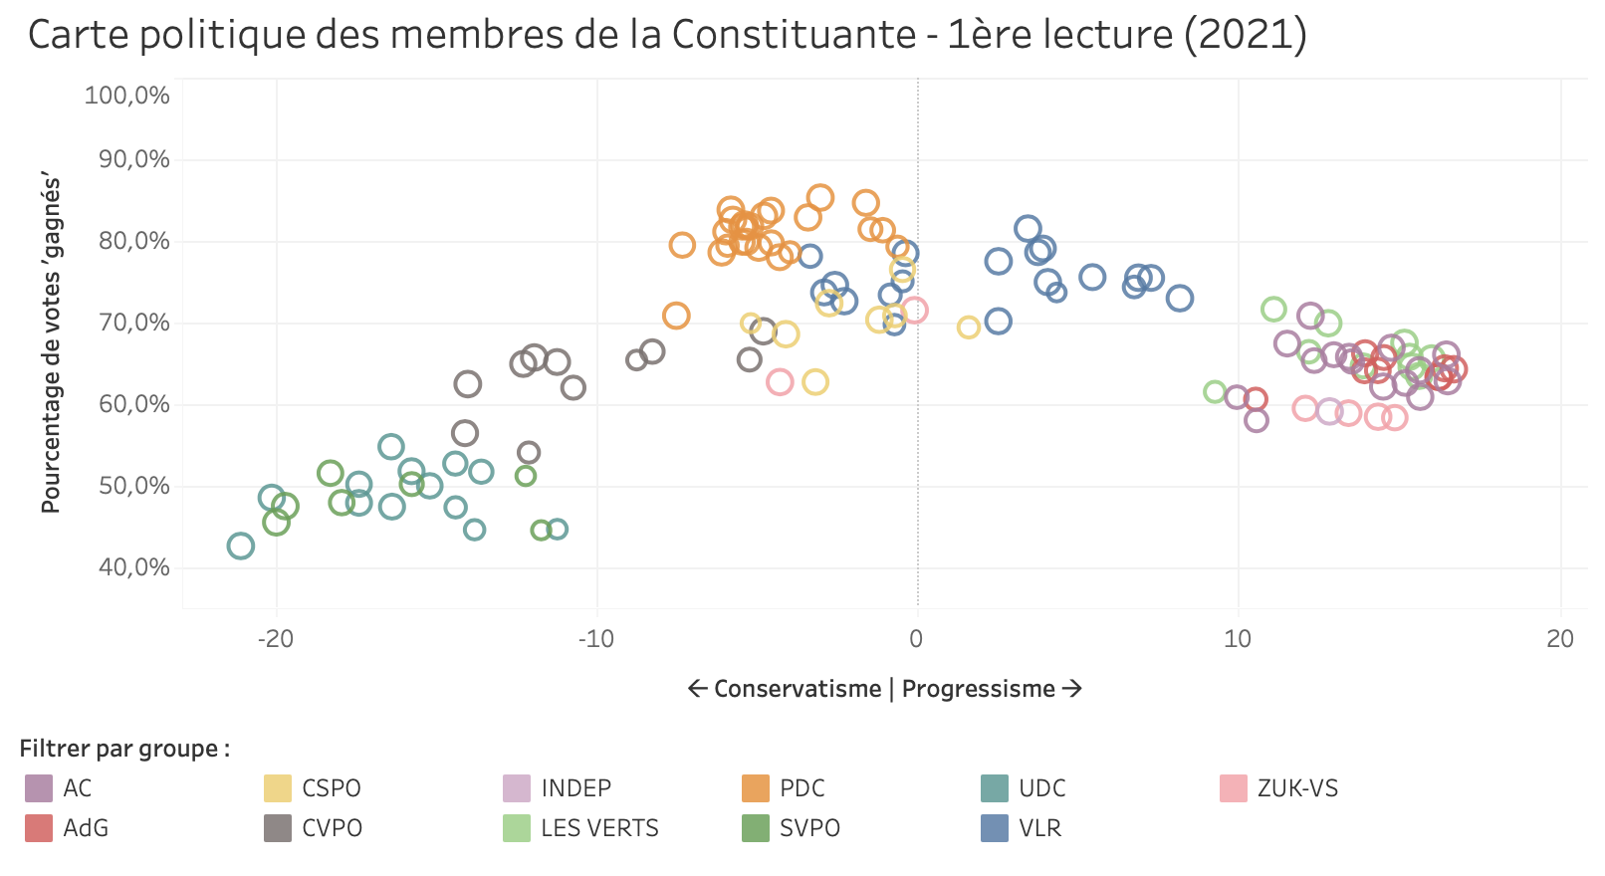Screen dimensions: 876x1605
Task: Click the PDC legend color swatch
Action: (756, 788)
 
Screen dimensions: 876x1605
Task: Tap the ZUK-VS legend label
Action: (1297, 788)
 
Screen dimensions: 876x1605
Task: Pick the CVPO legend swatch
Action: (278, 828)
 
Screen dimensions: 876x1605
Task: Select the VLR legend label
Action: (1039, 828)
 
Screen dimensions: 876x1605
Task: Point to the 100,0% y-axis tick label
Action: (127, 96)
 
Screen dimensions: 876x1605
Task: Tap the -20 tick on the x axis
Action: (276, 639)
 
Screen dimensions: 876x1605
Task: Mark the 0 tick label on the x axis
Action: (917, 639)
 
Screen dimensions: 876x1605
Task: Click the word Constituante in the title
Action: (794, 35)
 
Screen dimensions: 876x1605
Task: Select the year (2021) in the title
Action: (1246, 35)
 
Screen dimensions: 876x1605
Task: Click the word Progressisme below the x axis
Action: (978, 689)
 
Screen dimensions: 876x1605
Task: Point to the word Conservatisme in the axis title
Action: (798, 689)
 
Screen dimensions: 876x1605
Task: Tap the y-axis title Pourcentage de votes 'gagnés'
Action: (51, 344)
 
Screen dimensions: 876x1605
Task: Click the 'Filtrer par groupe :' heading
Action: (124, 749)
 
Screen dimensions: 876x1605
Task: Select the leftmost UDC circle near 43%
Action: (240, 546)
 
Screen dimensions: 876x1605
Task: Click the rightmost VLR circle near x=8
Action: (1180, 298)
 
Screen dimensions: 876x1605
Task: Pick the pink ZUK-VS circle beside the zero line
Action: (914, 311)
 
